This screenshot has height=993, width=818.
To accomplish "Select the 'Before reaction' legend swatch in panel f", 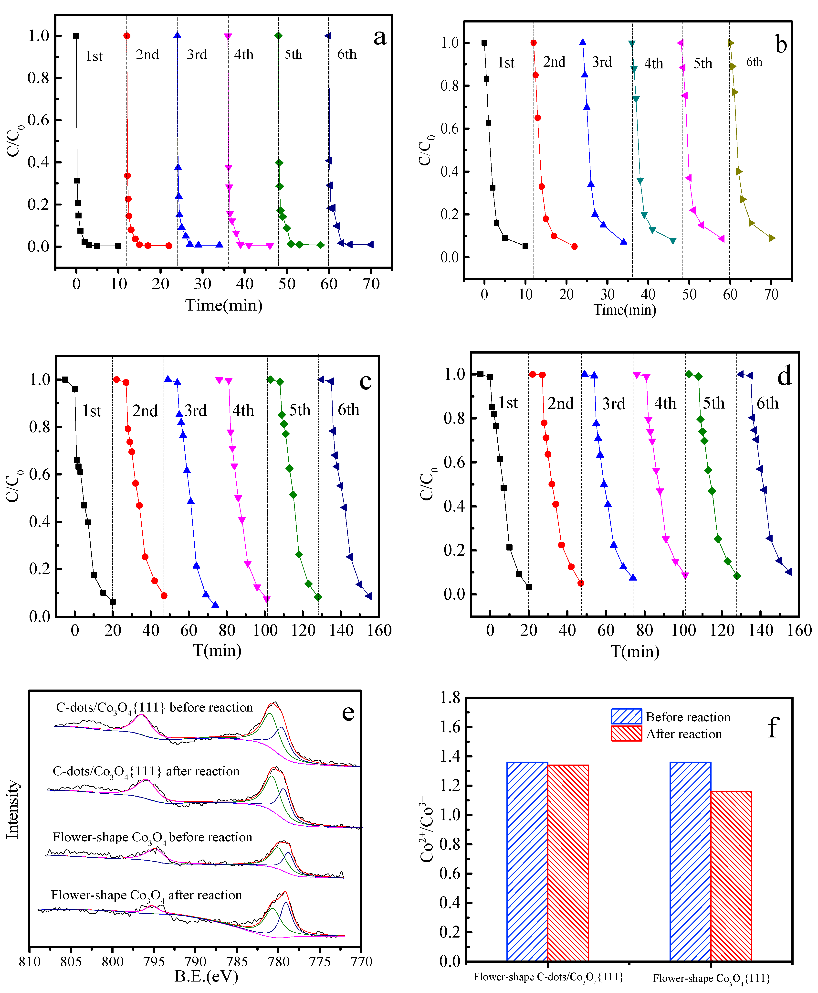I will coord(626,716).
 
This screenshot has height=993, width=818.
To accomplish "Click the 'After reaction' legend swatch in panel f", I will coord(626,734).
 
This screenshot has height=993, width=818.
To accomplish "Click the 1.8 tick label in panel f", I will coord(450,698).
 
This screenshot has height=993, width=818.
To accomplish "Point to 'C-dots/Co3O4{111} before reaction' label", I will coord(154,708).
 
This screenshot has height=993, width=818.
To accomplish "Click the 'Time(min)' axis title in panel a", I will coord(224,305).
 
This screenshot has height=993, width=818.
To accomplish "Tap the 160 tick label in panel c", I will coord(379,630).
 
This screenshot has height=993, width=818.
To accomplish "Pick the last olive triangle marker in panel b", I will coord(771,238).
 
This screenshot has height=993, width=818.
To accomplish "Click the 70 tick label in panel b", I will coord(771,295).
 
